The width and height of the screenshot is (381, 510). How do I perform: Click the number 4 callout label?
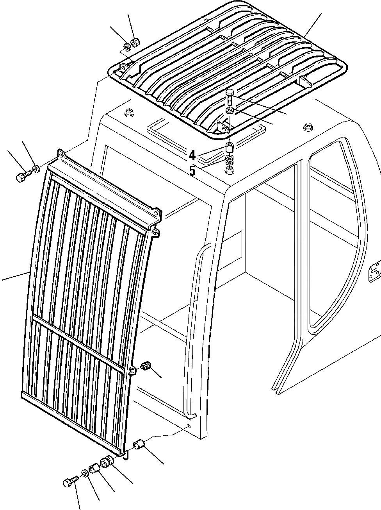pyautogui.click(x=192, y=156)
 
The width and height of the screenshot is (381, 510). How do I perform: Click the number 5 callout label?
pyautogui.click(x=192, y=170)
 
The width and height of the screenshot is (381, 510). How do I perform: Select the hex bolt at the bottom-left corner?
pyautogui.click(x=68, y=483)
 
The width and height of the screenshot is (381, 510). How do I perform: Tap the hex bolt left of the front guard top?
pyautogui.click(x=22, y=177)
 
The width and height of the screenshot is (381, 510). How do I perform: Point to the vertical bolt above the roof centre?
pyautogui.click(x=230, y=96)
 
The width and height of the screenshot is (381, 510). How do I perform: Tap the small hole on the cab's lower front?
pyautogui.click(x=189, y=426)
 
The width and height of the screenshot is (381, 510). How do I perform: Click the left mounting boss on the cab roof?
pyautogui.click(x=128, y=113)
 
